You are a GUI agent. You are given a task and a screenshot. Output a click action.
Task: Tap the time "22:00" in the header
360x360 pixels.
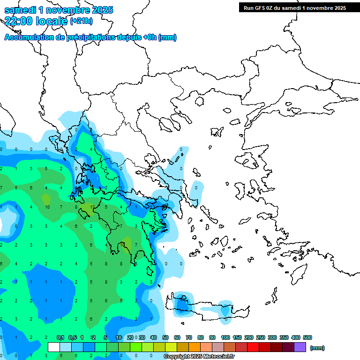[x=17, y=21]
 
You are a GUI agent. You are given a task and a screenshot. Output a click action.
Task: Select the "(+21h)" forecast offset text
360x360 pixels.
[x=81, y=21]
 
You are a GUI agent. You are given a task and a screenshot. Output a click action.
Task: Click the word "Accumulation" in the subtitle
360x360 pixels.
[x=29, y=37]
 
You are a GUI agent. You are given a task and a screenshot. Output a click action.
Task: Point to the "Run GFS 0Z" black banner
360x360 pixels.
[x=292, y=7]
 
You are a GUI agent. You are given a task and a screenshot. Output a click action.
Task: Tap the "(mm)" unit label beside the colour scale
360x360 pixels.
[x=317, y=348]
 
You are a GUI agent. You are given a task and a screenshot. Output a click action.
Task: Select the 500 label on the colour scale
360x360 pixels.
[x=307, y=337]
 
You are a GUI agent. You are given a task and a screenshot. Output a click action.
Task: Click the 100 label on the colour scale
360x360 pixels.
[x=225, y=337]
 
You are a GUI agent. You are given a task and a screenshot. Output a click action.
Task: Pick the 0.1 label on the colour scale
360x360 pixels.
[x=60, y=337]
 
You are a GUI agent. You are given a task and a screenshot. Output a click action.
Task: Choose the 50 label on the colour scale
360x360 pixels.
[x=165, y=337]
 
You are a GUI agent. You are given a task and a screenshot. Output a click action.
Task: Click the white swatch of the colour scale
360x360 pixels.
[x=54, y=347]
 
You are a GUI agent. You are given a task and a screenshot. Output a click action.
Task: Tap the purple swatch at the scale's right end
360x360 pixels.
[x=300, y=347]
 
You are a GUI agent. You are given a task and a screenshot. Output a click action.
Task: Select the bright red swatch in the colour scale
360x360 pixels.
[x=253, y=347]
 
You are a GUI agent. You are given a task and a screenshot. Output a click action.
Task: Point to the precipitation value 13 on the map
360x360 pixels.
[x=92, y=206]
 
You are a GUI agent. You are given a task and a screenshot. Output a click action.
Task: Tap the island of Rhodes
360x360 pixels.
[x=299, y=272]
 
